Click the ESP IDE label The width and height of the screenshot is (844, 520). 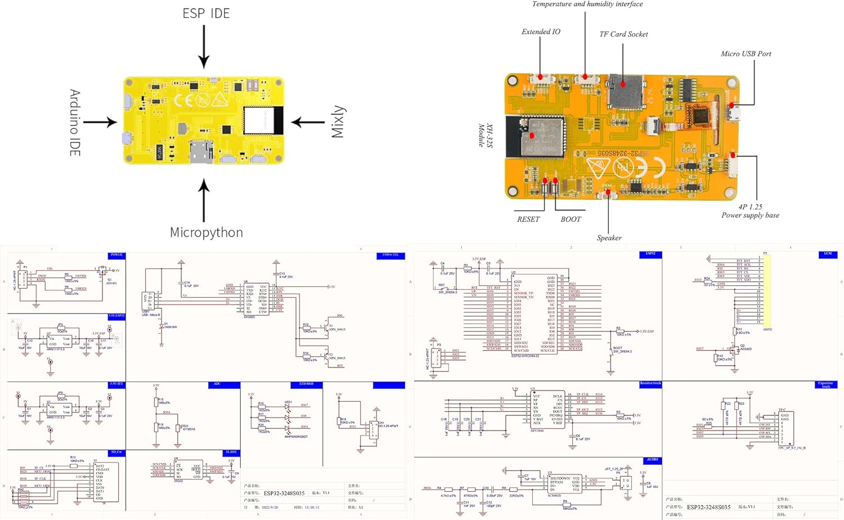coord(206,14)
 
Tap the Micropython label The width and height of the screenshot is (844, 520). coord(206,232)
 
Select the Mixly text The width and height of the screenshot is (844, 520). coord(337,122)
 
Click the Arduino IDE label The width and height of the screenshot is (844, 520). coord(75,122)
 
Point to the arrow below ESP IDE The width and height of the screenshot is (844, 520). coord(204,47)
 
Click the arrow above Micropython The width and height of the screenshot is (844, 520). coord(204,200)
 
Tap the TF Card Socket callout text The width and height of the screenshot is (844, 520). coord(623,34)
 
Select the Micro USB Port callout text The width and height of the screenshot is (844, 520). coord(746,54)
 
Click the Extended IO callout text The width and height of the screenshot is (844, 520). coord(540,32)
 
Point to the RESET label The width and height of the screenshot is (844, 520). coord(528,219)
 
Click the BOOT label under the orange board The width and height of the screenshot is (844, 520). coord(571,219)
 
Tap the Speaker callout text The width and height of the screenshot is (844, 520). coord(609,238)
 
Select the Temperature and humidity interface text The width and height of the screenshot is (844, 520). coord(587,4)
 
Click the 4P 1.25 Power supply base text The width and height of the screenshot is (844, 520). coord(750,211)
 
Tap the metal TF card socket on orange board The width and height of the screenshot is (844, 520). coord(626,91)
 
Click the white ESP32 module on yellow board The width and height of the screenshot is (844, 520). coord(262,120)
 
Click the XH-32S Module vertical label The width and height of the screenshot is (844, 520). coord(485,136)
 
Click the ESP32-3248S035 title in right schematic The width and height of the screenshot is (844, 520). coord(708,507)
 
